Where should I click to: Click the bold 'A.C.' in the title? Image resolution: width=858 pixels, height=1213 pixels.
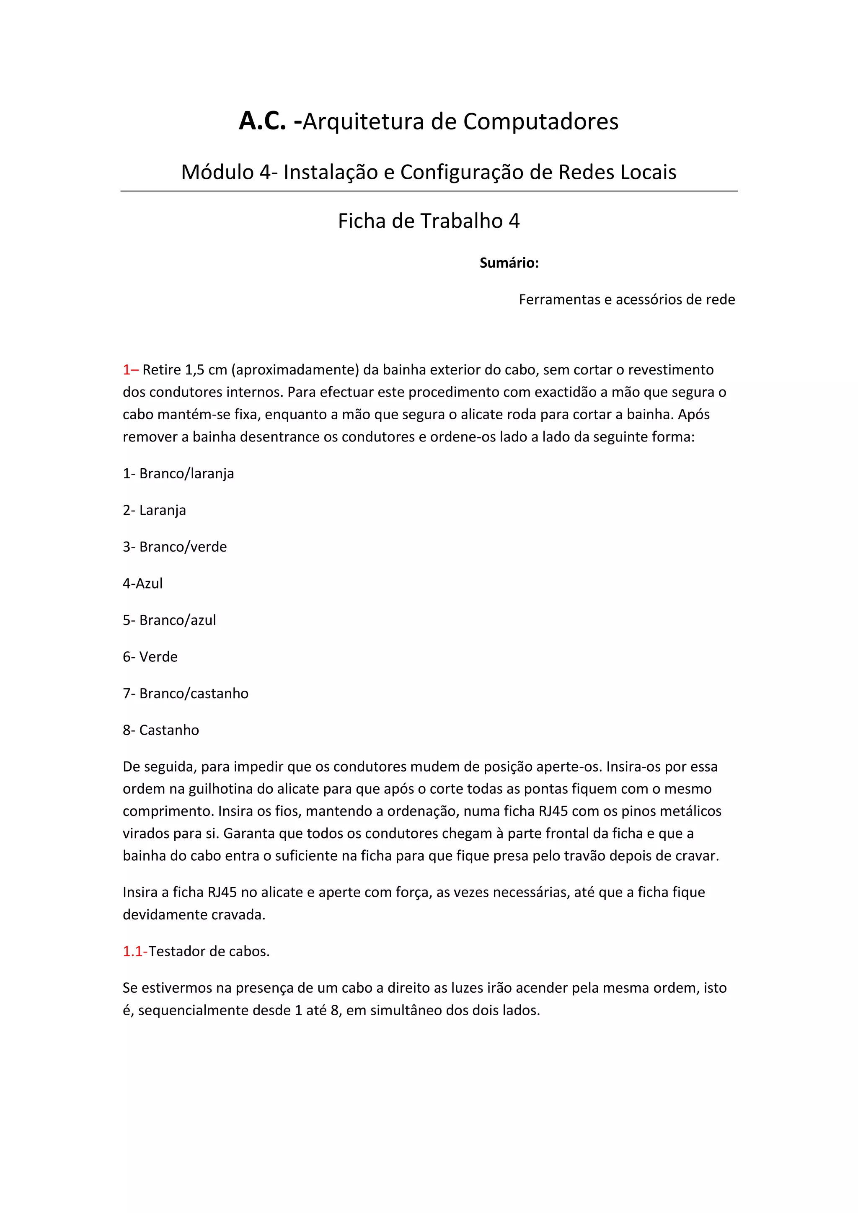pyautogui.click(x=263, y=121)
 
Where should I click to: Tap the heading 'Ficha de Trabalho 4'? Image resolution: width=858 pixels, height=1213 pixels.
pyautogui.click(x=429, y=221)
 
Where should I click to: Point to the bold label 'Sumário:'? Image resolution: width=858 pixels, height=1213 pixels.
pyautogui.click(x=509, y=263)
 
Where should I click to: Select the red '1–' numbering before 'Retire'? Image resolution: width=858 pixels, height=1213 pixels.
pyautogui.click(x=130, y=370)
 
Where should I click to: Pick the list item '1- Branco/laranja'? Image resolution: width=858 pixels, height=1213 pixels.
pyautogui.click(x=178, y=473)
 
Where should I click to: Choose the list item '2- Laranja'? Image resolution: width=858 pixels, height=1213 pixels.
pyautogui.click(x=154, y=510)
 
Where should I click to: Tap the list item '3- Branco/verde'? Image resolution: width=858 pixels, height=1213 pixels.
pyautogui.click(x=174, y=547)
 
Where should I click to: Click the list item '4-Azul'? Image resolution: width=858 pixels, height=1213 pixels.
pyautogui.click(x=142, y=583)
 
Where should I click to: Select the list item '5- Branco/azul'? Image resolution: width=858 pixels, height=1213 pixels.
pyautogui.click(x=169, y=620)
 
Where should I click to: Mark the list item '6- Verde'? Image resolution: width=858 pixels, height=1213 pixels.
pyautogui.click(x=150, y=657)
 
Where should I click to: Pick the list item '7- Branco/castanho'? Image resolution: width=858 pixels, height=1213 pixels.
pyautogui.click(x=186, y=694)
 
